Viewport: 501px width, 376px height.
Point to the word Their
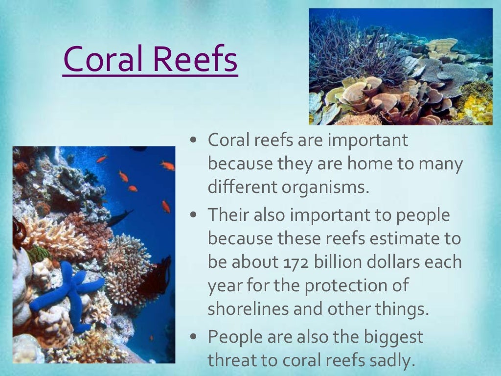click(x=229, y=214)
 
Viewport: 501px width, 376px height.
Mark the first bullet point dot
click(x=194, y=140)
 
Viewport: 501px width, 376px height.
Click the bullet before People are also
click(x=194, y=337)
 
